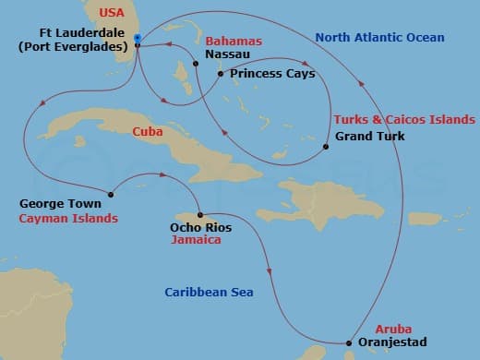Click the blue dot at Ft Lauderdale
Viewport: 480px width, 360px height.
click(137, 38)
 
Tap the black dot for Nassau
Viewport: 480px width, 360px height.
click(196, 63)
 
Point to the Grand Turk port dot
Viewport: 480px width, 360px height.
click(326, 147)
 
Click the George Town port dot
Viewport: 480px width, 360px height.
click(111, 194)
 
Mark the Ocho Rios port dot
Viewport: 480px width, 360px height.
click(199, 215)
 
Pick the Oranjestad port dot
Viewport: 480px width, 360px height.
click(349, 343)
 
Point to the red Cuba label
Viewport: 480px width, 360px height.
click(148, 132)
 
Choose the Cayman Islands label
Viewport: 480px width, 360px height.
click(68, 219)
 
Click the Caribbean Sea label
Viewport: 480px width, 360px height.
click(209, 293)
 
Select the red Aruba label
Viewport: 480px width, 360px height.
click(392, 329)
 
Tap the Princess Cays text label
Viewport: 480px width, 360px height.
click(272, 74)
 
